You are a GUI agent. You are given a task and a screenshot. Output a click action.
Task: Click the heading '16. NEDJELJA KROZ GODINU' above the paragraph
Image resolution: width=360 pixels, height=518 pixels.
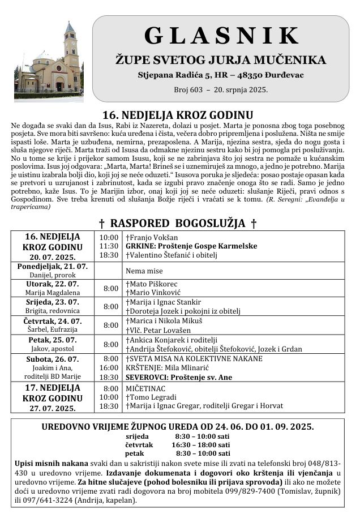click(x=174, y=115)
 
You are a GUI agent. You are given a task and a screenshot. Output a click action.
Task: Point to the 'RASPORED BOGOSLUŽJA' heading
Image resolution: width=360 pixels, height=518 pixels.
click(x=182, y=223)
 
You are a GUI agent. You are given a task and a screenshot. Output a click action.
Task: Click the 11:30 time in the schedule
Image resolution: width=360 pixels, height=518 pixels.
click(x=109, y=246)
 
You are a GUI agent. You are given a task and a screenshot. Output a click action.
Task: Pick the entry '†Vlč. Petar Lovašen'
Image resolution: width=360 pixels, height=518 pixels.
click(x=158, y=330)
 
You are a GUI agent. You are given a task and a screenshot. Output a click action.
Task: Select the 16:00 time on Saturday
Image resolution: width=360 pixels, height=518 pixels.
click(x=109, y=368)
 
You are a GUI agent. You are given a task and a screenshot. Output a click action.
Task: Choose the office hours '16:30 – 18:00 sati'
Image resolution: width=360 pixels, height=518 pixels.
click(x=203, y=445)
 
